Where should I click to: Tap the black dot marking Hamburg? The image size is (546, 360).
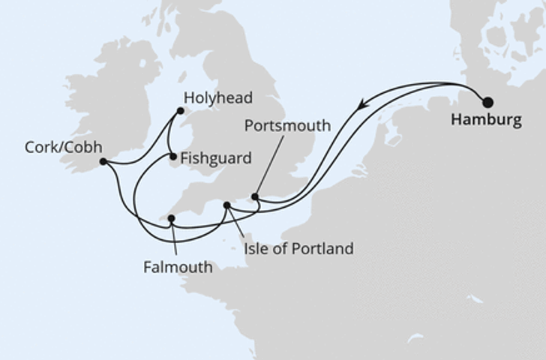pos(488,103)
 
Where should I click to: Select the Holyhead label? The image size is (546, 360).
pos(217,98)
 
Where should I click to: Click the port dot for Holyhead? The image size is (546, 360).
pos(180,112)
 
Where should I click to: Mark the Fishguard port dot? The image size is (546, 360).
pos(173,157)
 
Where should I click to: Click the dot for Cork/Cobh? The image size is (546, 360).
pos(103,161)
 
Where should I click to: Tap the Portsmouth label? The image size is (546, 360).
pos(287,126)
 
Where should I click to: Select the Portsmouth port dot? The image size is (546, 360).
pos(255,197)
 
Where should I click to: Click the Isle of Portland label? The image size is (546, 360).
pos(298,248)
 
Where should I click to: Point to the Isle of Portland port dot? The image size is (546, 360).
pos(226,205)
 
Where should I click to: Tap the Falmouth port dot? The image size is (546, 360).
pos(171,219)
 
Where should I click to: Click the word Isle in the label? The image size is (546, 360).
pos(256,248)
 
